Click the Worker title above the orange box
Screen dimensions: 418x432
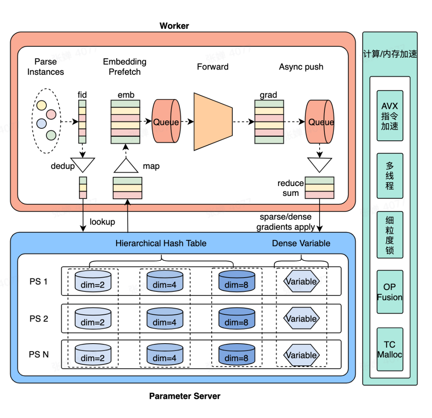(x=174, y=26)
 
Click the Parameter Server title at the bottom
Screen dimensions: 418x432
(x=184, y=396)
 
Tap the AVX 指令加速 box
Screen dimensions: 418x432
(x=390, y=115)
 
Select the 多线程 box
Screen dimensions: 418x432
(x=390, y=176)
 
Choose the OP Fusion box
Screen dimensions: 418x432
(x=390, y=292)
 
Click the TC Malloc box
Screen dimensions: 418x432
(x=390, y=349)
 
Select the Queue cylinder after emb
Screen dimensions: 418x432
(x=166, y=122)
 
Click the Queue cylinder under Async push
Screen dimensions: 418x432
(x=320, y=122)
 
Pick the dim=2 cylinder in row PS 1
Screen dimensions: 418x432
(x=92, y=282)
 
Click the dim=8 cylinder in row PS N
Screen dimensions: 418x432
(x=237, y=355)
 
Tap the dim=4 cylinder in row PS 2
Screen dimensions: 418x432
(x=164, y=319)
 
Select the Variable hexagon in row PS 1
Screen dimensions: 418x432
(x=301, y=282)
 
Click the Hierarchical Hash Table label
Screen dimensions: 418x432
(x=161, y=243)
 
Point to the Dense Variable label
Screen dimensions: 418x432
(x=301, y=243)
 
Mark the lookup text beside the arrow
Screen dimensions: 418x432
(x=102, y=222)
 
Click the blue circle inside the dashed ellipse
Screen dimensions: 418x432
(x=42, y=123)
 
